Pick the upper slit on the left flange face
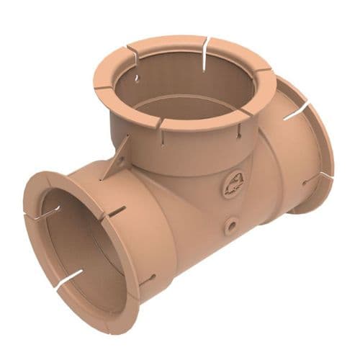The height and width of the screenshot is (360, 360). [45, 214]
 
